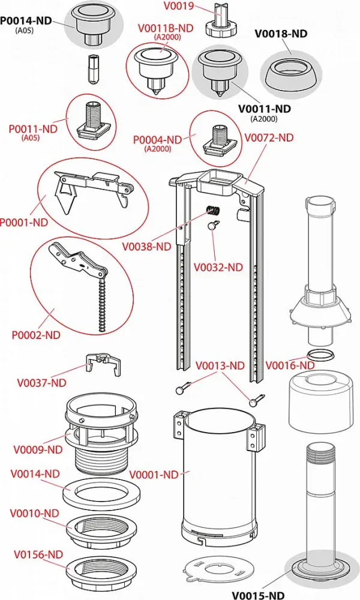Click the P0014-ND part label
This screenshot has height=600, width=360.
(x=25, y=20)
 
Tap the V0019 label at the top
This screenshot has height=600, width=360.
(x=178, y=8)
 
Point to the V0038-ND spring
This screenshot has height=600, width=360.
(x=212, y=210)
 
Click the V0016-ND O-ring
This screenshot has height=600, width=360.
(x=319, y=355)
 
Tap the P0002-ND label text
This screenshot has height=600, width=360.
(x=36, y=335)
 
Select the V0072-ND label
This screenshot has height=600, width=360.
(x=269, y=137)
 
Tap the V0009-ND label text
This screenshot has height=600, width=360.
(x=38, y=449)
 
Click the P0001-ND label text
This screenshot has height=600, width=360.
(x=23, y=222)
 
